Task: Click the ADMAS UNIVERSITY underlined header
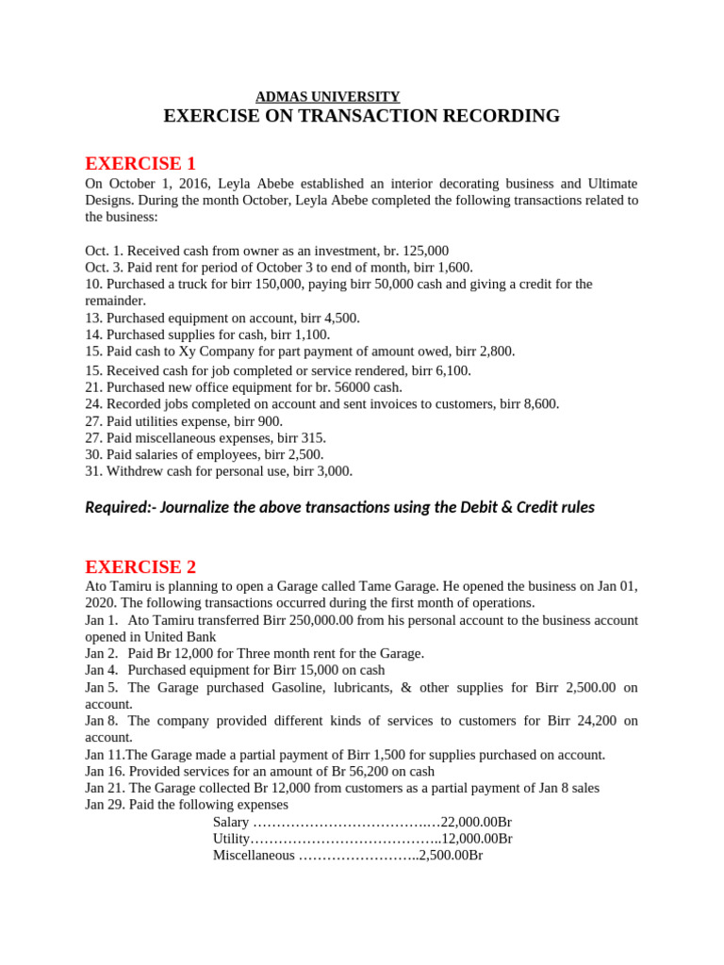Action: click(x=328, y=96)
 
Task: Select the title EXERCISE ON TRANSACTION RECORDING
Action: click(x=361, y=116)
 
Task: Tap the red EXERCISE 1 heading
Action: click(x=140, y=163)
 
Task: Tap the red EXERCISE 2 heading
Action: click(x=140, y=566)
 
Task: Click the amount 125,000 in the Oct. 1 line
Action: click(x=425, y=252)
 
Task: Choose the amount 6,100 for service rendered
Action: click(x=451, y=370)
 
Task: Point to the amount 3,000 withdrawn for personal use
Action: click(x=332, y=471)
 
